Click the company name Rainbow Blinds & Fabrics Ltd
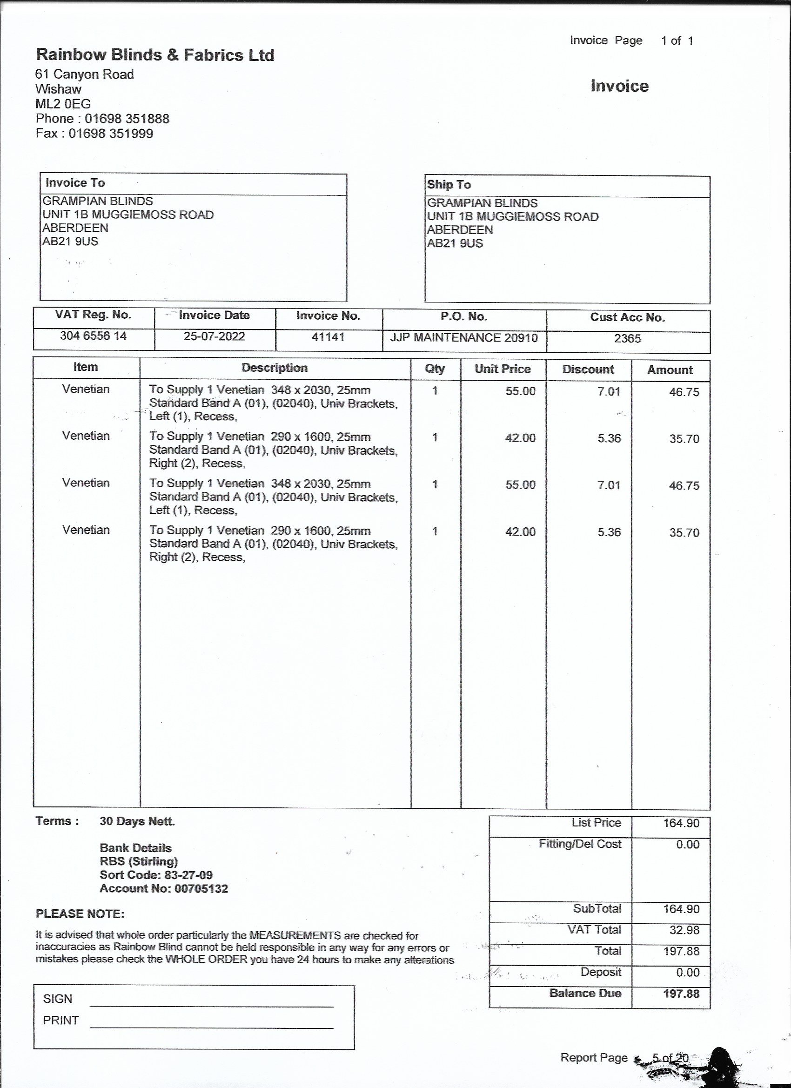(x=155, y=55)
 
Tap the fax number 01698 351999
(x=111, y=134)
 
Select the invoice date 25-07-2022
(x=215, y=336)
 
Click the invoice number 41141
(x=328, y=337)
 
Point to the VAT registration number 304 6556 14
(x=93, y=336)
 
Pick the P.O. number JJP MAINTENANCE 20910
(x=463, y=338)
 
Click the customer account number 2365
(x=627, y=339)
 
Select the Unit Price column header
(x=502, y=369)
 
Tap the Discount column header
(x=588, y=369)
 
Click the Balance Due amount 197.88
(x=681, y=994)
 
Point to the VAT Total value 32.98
(x=684, y=930)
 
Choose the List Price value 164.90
(x=681, y=823)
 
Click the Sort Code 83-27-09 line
(x=156, y=875)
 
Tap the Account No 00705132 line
(x=164, y=888)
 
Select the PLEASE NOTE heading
(x=80, y=914)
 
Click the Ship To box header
(x=449, y=185)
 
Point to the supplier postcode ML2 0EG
(x=63, y=104)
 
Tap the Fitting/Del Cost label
(x=579, y=844)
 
